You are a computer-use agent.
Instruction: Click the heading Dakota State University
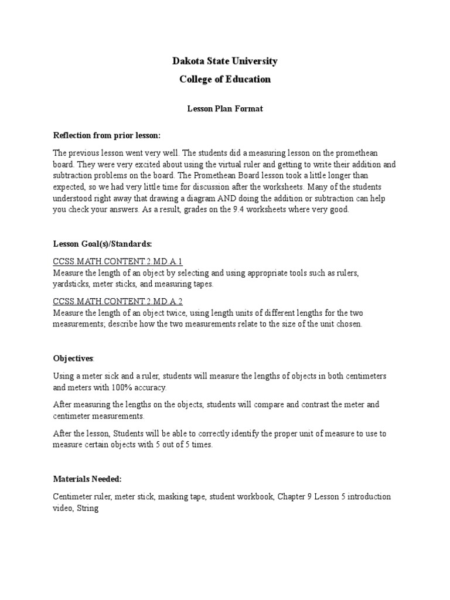click(224, 61)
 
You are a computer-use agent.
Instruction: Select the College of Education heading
click(224, 79)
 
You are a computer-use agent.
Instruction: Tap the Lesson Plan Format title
click(224, 109)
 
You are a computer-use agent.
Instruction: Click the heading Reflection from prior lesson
click(106, 135)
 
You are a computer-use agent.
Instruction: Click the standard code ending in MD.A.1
click(118, 261)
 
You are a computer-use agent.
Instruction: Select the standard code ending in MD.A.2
click(118, 302)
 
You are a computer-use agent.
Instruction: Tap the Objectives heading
click(73, 357)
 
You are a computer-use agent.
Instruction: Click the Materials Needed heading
click(87, 479)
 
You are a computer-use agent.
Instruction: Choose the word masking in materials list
click(173, 497)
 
